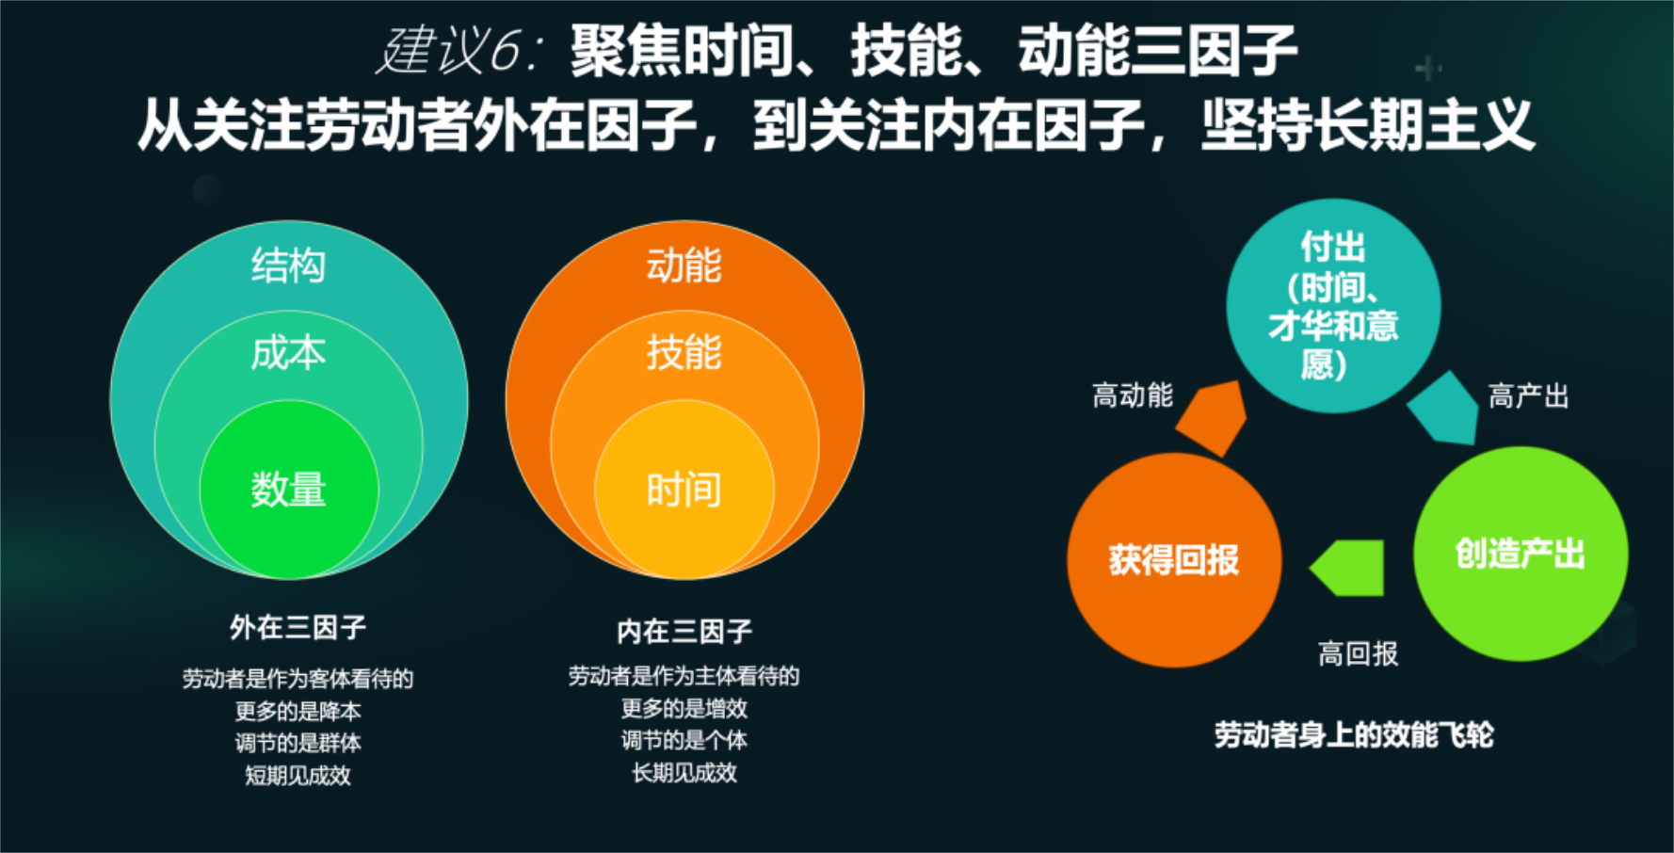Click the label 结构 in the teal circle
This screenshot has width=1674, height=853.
tap(288, 266)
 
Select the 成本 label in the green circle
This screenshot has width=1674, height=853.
tap(288, 353)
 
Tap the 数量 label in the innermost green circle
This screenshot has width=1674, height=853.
tap(288, 490)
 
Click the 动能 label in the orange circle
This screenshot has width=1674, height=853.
tap(684, 266)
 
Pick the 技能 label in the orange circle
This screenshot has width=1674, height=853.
tap(684, 353)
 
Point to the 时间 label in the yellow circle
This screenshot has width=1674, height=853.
tap(684, 490)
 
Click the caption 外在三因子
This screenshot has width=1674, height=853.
tap(298, 627)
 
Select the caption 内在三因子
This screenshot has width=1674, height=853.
tap(684, 631)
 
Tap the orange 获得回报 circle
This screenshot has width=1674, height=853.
tap(1174, 560)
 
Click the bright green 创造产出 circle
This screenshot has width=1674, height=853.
tap(1521, 554)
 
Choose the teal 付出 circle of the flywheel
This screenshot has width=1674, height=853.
tap(1333, 306)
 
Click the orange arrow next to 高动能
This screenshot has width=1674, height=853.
tap(1213, 417)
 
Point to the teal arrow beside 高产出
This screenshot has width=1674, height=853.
tap(1444, 408)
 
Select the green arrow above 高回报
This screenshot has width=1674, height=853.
tap(1347, 568)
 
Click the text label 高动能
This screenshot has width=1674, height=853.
tap(1133, 395)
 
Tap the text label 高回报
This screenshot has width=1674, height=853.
tap(1358, 653)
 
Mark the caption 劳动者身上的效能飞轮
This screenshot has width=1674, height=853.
tap(1354, 734)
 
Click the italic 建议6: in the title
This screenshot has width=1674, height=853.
tap(459, 51)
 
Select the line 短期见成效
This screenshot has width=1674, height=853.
tap(298, 776)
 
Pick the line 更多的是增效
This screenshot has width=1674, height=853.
tap(684, 708)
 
